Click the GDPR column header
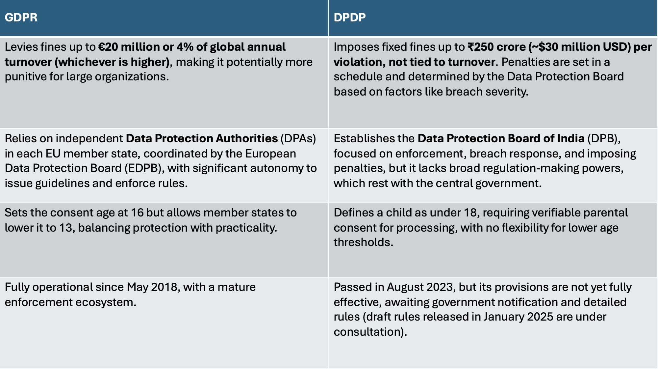pos(21,17)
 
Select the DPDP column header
pos(349,17)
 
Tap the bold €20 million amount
pos(130,47)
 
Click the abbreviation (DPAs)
pos(298,139)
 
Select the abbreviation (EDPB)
pos(144,168)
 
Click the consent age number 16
pos(137,213)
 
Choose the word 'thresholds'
pos(363,242)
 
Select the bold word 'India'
pos(570,139)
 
